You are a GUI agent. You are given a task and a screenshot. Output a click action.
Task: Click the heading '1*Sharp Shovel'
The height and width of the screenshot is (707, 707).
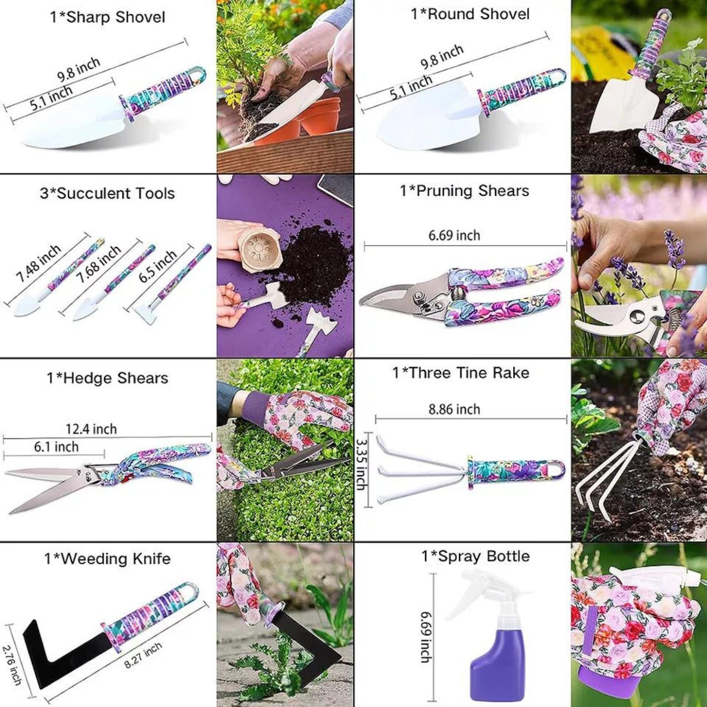pos(107,17)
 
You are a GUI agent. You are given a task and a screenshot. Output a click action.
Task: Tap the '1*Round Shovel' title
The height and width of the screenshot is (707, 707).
pos(470,14)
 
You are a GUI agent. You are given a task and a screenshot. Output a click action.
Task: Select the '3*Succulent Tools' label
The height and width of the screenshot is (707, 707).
pos(107,193)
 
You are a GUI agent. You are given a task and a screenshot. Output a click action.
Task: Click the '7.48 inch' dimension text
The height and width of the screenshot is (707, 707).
pos(38,263)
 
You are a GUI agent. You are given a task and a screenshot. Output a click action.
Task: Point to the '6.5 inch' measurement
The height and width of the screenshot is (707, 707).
pos(158,265)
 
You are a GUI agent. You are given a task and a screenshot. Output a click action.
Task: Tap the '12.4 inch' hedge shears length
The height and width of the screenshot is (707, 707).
pos(91,429)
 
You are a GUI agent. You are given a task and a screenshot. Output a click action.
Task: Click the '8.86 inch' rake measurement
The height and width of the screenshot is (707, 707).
pos(454,409)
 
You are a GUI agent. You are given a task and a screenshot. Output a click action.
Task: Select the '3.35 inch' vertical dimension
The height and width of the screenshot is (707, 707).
pos(361,464)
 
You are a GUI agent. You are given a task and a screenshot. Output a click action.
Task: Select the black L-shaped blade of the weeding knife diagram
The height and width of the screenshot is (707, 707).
pos(57,654)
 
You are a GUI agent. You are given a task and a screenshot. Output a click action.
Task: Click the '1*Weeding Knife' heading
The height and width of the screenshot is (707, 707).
pos(107,559)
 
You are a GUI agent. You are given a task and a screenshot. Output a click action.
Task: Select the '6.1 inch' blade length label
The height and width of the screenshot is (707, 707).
pos(56,447)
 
